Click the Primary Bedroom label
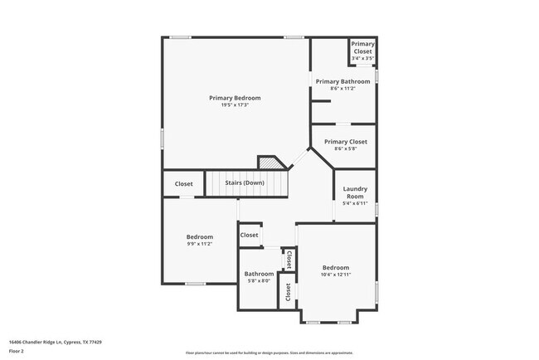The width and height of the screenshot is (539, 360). pos(235,98)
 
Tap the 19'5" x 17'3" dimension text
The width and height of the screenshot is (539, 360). pos(235,105)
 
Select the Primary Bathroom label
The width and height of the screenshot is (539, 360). pos(343,81)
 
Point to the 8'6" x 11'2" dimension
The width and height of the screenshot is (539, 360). pos(343,88)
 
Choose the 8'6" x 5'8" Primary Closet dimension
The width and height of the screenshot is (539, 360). pos(345,149)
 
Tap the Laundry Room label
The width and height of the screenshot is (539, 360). pos(355,192)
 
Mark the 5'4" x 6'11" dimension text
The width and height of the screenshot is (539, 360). pos(355,203)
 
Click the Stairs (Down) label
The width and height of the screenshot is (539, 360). pos(246,182)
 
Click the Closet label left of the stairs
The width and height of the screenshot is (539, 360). pos(183,184)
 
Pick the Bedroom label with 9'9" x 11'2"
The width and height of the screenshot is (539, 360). pos(199,237)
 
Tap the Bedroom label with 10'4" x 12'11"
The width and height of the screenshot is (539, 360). pos(335,267)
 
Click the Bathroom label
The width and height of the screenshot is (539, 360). pos(259,274)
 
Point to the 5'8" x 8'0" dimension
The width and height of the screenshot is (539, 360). pos(259,281)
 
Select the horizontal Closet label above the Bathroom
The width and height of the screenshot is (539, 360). pos(249,236)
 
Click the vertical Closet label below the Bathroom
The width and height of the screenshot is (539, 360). pos(288,293)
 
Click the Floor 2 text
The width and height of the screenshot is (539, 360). pos(17,351)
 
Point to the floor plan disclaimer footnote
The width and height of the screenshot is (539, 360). pos(269,353)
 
